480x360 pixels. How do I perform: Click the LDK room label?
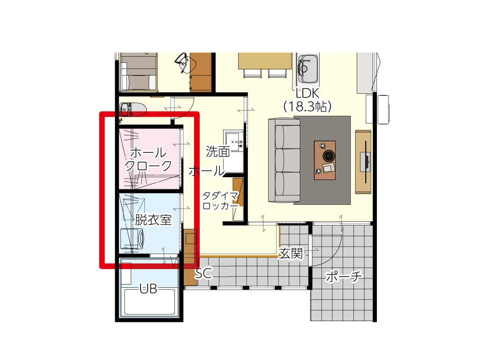[x=307, y=93]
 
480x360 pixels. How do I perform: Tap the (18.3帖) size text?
[x=307, y=106]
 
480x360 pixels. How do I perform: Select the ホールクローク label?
[x=148, y=159]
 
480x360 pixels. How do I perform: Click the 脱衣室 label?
[x=153, y=219]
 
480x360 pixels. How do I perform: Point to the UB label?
[x=149, y=289]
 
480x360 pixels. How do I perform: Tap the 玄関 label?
[x=291, y=254]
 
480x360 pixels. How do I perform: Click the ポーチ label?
[x=344, y=277]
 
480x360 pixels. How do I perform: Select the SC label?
[x=203, y=273]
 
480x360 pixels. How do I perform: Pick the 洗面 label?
[x=217, y=151]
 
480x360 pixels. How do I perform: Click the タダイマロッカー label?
[x=220, y=201]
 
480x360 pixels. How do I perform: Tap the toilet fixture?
[x=133, y=109]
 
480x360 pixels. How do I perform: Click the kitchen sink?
[x=308, y=69]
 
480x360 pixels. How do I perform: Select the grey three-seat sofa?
[x=285, y=160]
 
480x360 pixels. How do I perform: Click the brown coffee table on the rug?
[x=325, y=160]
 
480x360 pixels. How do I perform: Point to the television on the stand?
[x=366, y=162]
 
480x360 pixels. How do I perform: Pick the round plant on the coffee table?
[x=329, y=156]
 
